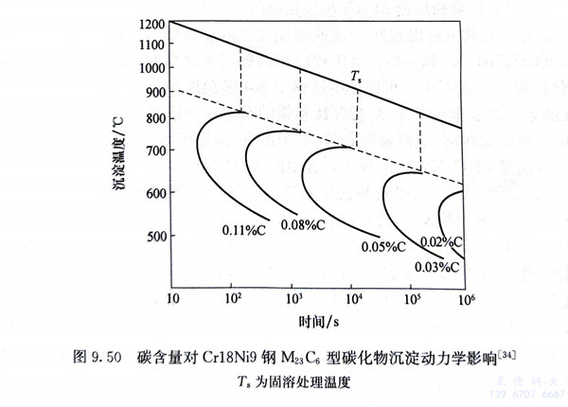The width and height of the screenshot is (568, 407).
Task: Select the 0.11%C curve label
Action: point(243,230)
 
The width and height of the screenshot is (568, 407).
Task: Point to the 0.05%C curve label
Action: point(384,247)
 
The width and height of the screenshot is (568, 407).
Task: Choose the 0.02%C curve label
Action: point(442,243)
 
